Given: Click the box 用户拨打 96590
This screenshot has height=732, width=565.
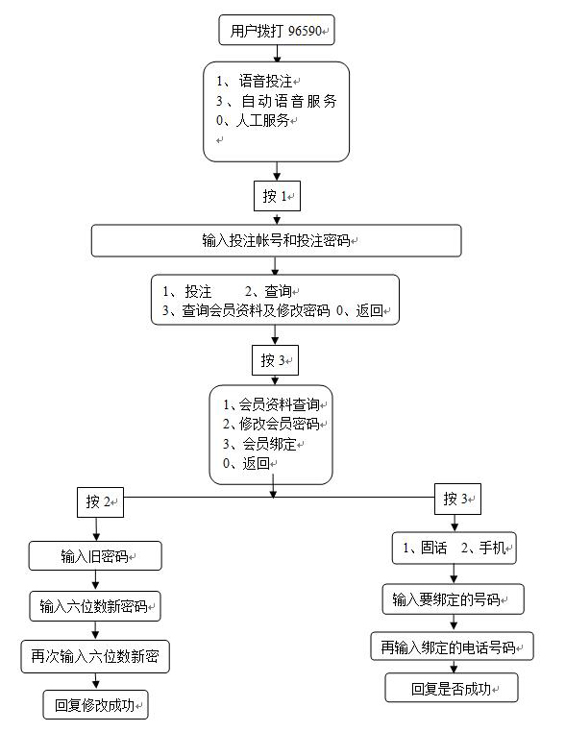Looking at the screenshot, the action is pos(277,31).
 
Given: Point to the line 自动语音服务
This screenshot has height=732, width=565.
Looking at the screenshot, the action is pos(277,101).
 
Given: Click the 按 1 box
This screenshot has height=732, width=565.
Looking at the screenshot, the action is pos(277,196).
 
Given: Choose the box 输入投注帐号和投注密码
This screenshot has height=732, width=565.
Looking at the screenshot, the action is pos(277,240).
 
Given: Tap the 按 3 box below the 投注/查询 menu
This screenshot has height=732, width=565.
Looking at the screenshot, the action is pos(275,360).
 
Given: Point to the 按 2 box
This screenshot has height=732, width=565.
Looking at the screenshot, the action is pos(100,502).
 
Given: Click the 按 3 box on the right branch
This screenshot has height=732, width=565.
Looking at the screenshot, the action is pos(457,500).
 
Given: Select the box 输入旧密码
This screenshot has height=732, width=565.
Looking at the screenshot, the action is pos(95,556).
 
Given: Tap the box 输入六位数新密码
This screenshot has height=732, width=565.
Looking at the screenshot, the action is pos(95,606).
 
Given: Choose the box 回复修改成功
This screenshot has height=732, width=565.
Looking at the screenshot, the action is pos(96,704).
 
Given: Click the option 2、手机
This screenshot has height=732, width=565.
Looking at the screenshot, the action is pos(483,548).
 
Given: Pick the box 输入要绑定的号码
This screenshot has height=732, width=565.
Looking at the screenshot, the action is pos(453,598).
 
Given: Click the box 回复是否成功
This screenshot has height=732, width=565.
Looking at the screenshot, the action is pos(452,688).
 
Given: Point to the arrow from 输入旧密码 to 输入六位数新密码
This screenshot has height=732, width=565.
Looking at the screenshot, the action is pos(95,581).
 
